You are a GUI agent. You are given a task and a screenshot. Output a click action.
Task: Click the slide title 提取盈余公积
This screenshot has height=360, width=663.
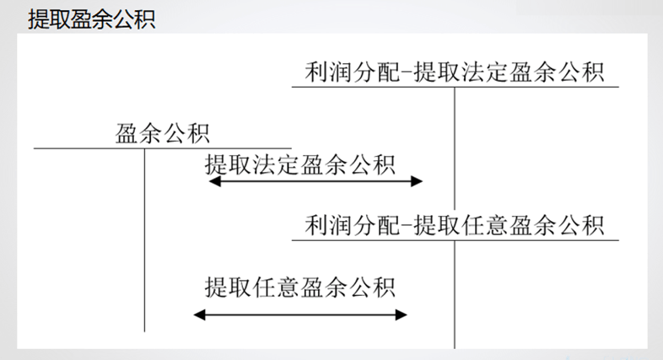(91, 19)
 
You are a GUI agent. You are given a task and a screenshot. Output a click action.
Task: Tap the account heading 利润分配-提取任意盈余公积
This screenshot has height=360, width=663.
(455, 226)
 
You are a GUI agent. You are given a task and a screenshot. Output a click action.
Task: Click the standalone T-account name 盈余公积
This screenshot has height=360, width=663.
(163, 133)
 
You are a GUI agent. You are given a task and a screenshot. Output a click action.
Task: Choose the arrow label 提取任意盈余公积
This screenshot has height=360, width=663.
(299, 286)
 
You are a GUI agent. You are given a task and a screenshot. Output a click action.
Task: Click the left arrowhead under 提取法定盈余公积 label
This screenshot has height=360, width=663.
(213, 182)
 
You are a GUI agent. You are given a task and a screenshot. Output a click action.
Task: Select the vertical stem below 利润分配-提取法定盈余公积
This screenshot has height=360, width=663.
(455, 143)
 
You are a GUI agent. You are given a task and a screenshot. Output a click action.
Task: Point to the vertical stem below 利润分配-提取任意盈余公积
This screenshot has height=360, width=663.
(455, 295)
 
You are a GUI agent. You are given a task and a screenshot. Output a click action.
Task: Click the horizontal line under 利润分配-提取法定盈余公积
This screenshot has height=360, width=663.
(455, 87)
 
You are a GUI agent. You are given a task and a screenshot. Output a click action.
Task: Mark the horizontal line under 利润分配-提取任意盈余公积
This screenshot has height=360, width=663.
(455, 240)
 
